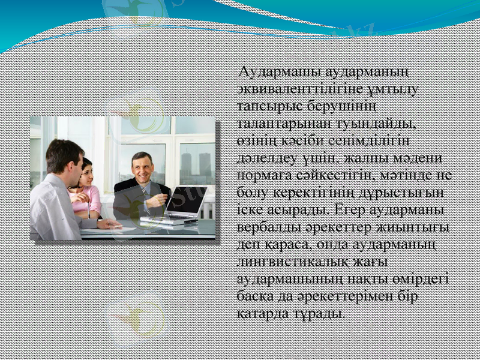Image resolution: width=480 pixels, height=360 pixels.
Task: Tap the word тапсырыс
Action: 268,107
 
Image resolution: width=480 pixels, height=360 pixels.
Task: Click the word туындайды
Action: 379,124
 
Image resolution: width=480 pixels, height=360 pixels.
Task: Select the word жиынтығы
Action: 413,228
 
